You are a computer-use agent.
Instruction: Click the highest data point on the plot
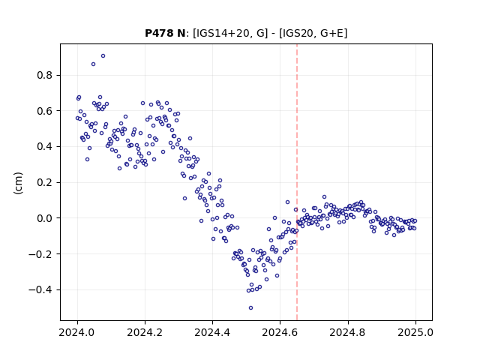(103, 56)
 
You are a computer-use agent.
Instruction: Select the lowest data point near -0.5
(250, 308)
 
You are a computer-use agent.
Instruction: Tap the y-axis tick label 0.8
(44, 75)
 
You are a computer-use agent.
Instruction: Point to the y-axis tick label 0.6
(44, 111)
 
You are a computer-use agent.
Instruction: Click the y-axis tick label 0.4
(44, 147)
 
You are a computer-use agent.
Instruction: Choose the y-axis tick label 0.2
(44, 182)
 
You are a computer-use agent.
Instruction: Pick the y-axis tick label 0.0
(44, 218)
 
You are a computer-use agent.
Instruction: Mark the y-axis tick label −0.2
(40, 254)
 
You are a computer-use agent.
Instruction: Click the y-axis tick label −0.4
(40, 290)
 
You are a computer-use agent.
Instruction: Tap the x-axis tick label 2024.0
(77, 332)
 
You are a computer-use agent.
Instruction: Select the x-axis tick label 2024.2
(145, 332)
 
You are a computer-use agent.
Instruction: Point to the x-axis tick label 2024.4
(212, 332)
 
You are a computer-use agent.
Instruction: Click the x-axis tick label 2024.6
(280, 332)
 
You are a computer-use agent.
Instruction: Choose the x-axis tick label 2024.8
(347, 332)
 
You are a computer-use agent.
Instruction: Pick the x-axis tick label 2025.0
(415, 332)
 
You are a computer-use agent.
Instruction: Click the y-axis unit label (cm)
(18, 183)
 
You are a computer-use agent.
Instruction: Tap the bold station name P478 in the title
(157, 33)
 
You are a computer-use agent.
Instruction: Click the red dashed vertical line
(297, 182)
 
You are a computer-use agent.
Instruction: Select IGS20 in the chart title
(297, 33)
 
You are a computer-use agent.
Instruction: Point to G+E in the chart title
(332, 33)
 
